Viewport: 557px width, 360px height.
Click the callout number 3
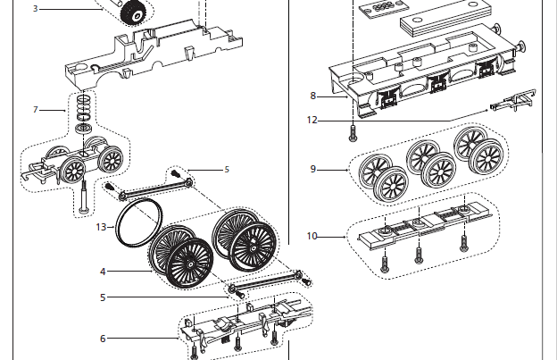(x=36, y=8)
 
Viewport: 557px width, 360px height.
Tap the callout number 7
(x=36, y=109)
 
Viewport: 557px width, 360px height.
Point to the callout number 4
(x=103, y=272)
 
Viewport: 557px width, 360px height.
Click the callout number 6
(x=103, y=339)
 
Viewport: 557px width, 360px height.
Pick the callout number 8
(x=312, y=96)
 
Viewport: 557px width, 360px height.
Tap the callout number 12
(x=312, y=119)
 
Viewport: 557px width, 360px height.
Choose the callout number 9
(x=312, y=169)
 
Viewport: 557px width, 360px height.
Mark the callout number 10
(x=312, y=237)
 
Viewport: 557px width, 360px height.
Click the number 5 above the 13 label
(x=227, y=169)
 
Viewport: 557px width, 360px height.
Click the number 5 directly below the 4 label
(x=103, y=297)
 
